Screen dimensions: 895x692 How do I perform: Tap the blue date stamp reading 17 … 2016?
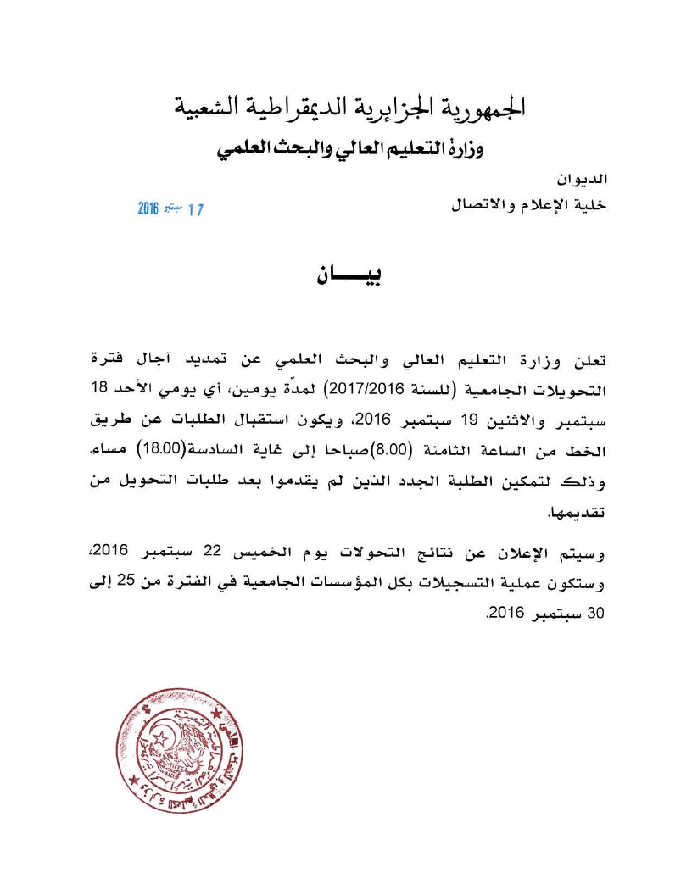(x=170, y=208)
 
